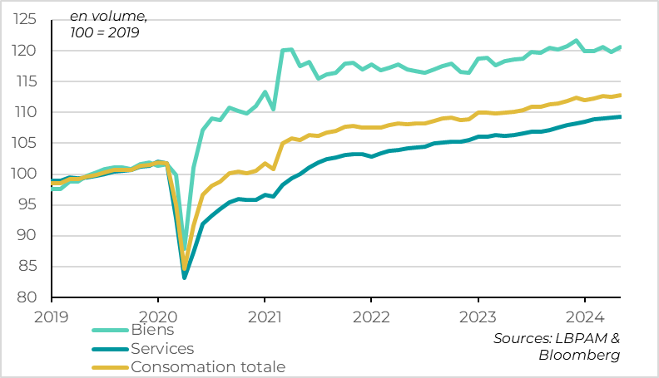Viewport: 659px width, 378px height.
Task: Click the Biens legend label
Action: click(153, 331)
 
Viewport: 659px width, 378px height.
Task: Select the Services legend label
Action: click(162, 349)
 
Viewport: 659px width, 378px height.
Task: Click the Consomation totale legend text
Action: click(208, 367)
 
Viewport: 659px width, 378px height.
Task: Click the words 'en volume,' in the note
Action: click(103, 16)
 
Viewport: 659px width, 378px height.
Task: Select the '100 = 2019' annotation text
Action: click(105, 33)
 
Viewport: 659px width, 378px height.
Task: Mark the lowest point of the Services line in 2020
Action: click(185, 277)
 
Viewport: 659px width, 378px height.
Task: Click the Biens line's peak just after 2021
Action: click(290, 49)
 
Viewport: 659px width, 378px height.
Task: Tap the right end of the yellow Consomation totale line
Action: click(620, 95)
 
